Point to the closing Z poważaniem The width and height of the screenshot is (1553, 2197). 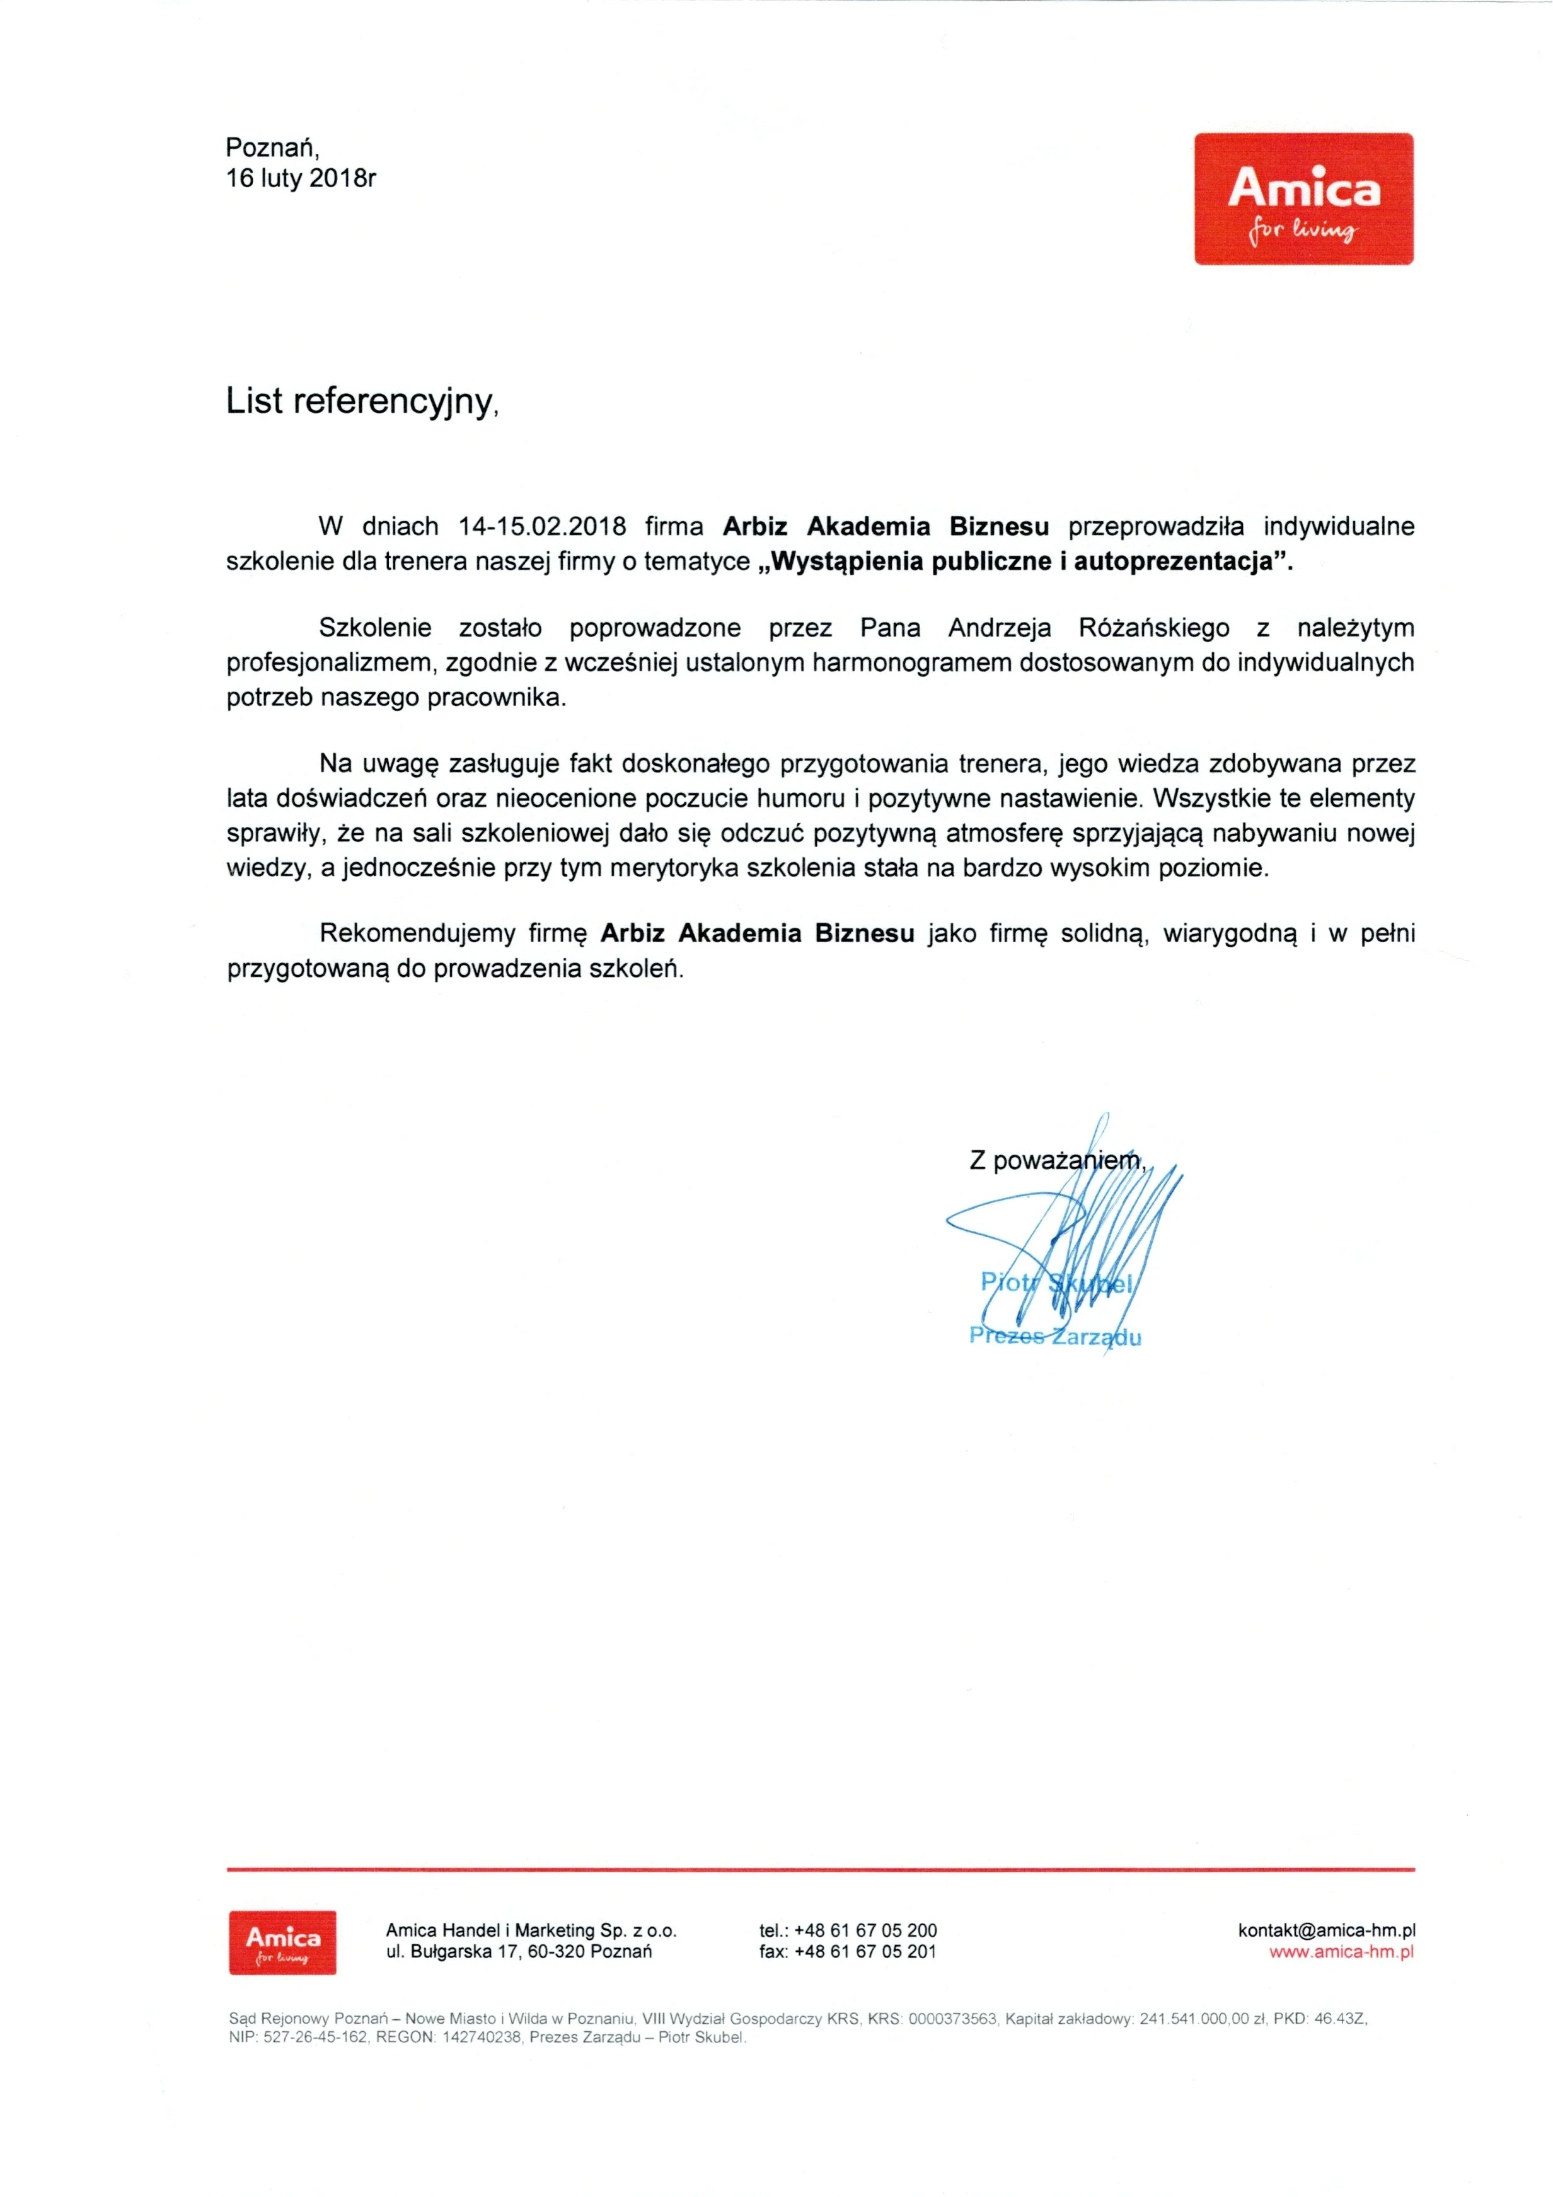point(1056,1161)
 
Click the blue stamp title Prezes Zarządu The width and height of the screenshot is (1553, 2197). point(1054,1337)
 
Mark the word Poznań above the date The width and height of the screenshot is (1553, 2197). point(271,147)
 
